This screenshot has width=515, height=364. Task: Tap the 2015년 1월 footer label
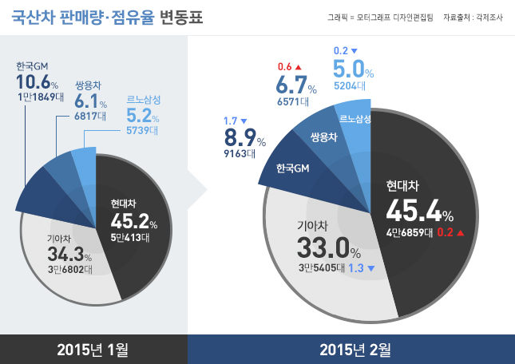93,350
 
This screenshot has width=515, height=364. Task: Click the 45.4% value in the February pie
418,212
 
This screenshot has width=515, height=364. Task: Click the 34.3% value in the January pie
69,255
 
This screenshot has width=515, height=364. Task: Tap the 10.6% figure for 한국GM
37,82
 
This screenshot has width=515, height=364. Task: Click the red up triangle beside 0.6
299,65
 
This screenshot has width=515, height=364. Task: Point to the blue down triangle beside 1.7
243,120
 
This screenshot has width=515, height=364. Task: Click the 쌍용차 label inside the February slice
323,136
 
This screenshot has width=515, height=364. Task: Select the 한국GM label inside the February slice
291,169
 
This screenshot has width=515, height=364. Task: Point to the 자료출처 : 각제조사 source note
476,18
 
